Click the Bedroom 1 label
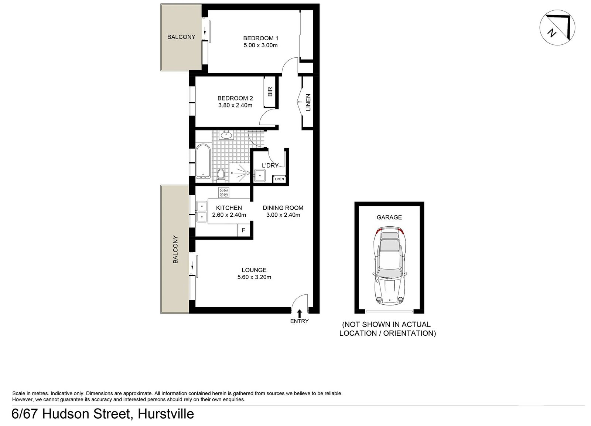point(260,38)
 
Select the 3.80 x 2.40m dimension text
point(235,105)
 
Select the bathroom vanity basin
point(225,135)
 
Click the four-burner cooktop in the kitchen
point(223,192)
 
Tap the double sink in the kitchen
point(202,212)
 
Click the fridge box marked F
point(243,230)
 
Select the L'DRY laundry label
point(270,165)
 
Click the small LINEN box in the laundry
point(279,179)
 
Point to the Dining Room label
point(283,208)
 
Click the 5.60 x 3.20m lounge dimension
point(254,277)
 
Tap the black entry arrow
point(299,313)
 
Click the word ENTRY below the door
point(299,321)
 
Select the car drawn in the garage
point(389,266)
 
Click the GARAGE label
point(389,217)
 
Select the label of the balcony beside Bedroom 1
point(181,37)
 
